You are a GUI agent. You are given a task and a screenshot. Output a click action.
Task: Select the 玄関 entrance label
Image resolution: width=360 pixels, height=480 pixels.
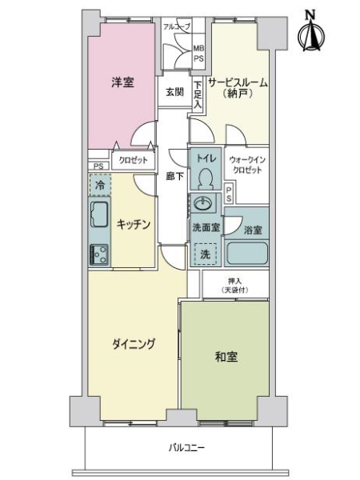tap(174, 92)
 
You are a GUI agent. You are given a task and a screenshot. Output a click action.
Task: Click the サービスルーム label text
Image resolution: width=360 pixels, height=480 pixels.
tap(238, 83)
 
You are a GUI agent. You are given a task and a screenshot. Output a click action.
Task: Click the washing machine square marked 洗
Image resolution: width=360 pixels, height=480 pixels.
tap(203, 254)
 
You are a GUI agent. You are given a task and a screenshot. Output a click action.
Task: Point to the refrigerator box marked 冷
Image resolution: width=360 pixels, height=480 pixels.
tap(100, 186)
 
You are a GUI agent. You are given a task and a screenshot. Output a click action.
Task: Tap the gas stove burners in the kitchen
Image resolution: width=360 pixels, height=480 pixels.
tap(100, 254)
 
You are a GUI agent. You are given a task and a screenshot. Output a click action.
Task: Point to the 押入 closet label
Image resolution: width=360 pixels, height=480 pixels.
tap(234, 284)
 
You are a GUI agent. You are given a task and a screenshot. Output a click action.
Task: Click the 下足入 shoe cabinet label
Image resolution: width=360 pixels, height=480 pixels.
tap(197, 92)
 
